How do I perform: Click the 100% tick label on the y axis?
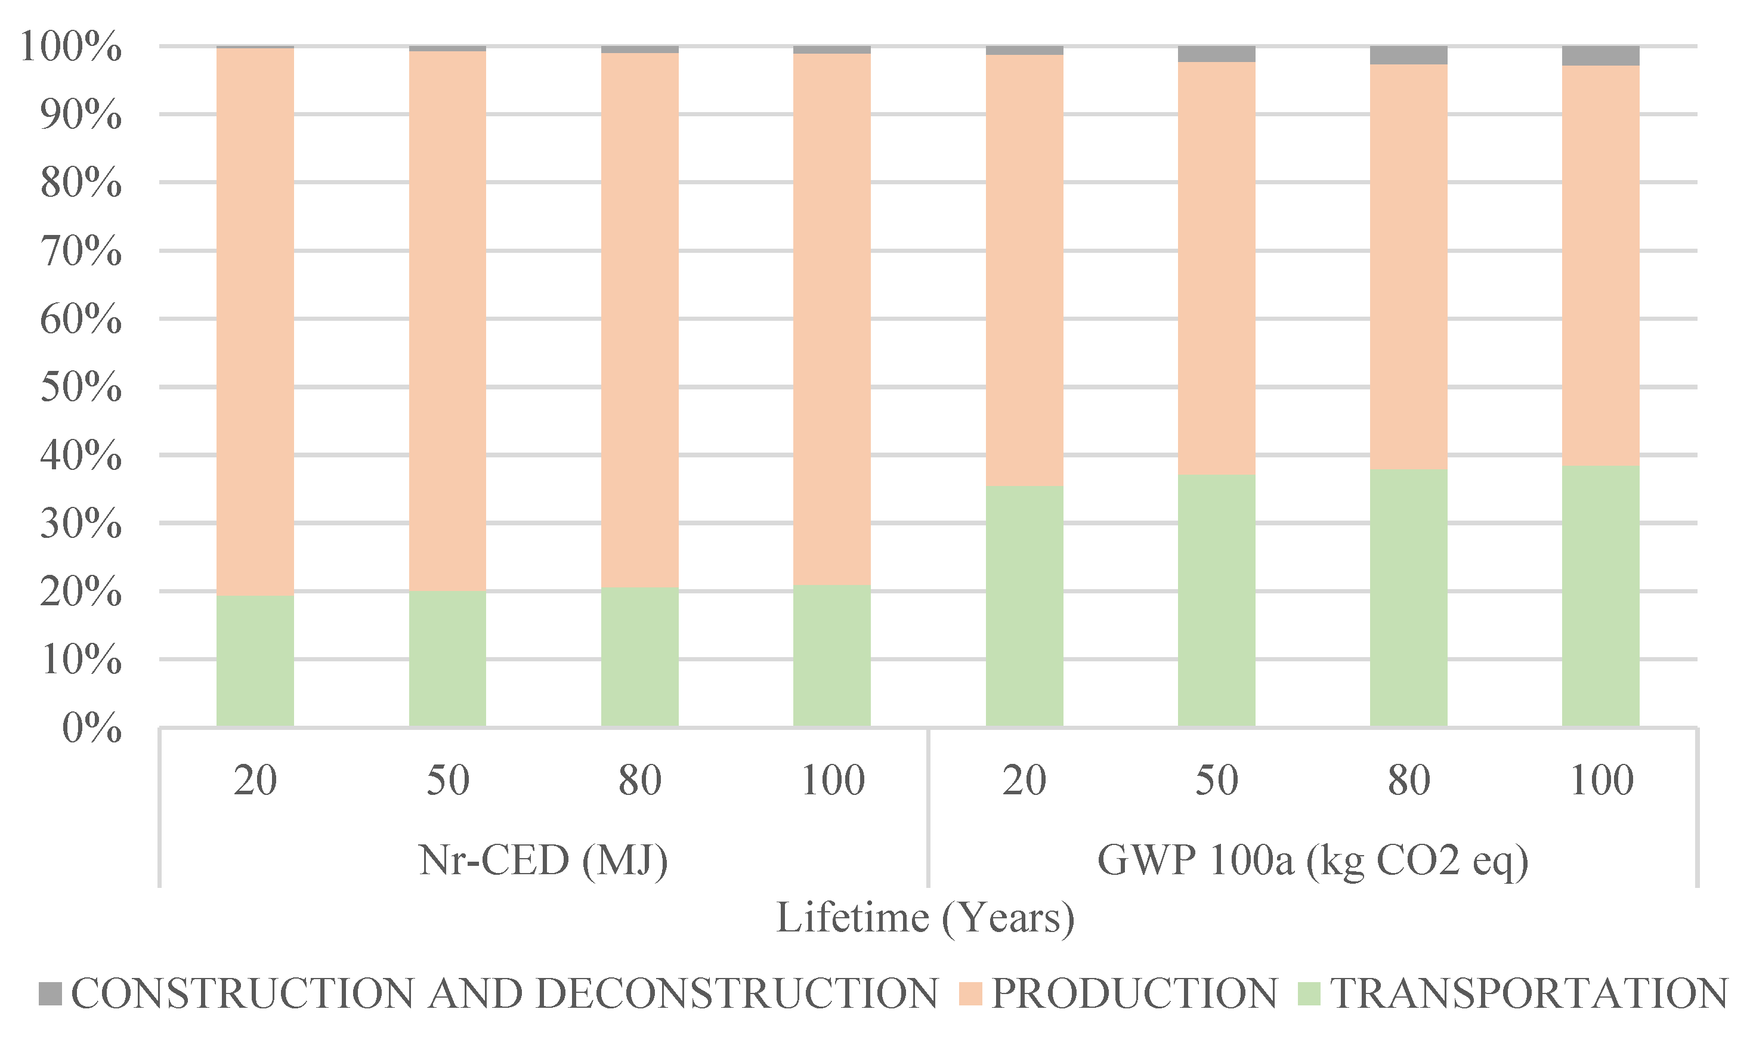point(70,48)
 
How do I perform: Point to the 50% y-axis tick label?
point(81,387)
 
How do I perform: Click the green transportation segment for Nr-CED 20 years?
point(255,660)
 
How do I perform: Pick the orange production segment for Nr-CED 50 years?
point(447,321)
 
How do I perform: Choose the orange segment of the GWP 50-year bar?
point(1216,269)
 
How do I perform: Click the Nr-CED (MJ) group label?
point(543,860)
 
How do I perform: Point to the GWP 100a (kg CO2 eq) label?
point(1313,860)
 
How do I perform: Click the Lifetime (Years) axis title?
point(925,918)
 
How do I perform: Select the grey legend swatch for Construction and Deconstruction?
point(50,993)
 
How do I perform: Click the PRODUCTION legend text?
point(1134,993)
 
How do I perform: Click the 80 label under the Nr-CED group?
point(639,781)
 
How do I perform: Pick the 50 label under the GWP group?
point(1216,781)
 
